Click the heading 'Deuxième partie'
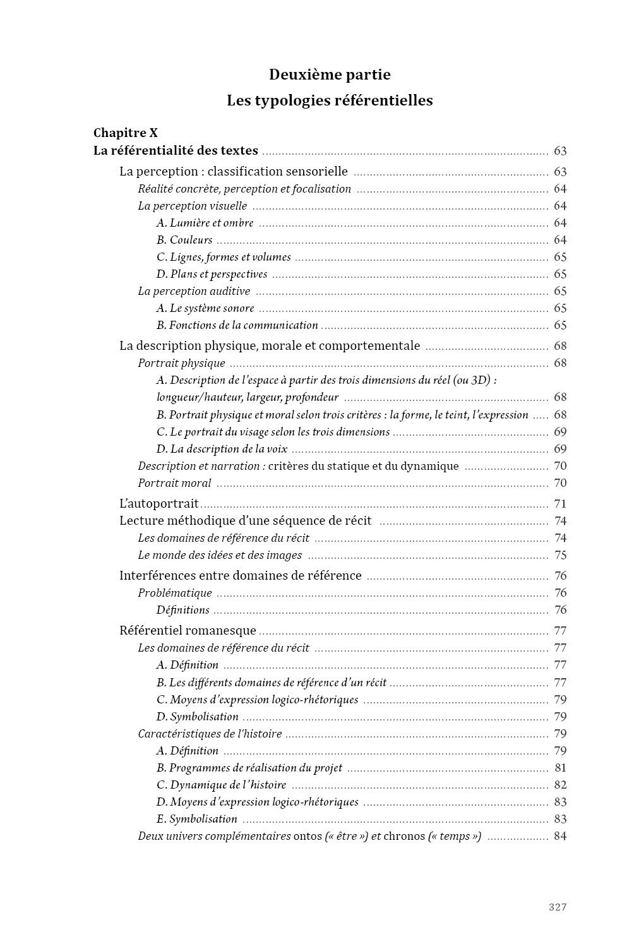coord(330,75)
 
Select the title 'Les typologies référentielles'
coord(330,100)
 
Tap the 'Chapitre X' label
coord(126,133)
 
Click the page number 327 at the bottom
coord(557,907)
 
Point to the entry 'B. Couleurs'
coord(184,240)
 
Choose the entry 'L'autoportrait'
coord(159,503)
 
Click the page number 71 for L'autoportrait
coord(560,503)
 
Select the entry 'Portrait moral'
coord(175,483)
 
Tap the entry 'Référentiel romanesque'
coord(188,630)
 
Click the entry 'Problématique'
coord(175,593)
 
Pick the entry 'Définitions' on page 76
coord(183,610)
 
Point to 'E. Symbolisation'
coord(197,819)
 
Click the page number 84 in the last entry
coord(560,836)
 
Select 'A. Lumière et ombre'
coord(205,223)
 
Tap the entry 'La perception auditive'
coord(194,291)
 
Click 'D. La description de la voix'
coord(222,449)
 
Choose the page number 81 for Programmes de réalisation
coord(560,768)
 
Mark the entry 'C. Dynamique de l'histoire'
coord(222,785)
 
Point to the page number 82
coord(560,785)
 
